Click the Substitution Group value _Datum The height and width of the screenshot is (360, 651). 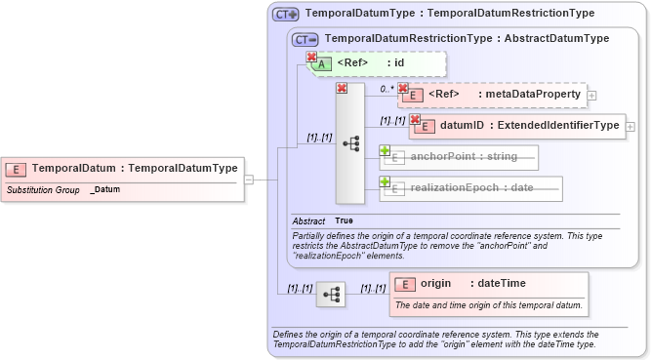click(x=105, y=189)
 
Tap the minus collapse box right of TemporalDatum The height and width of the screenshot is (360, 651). click(x=250, y=180)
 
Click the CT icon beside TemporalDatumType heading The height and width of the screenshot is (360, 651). click(x=286, y=15)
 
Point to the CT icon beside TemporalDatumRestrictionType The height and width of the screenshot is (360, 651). click(x=306, y=39)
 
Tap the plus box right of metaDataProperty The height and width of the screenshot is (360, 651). click(x=591, y=96)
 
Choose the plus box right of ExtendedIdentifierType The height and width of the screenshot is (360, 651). click(x=631, y=126)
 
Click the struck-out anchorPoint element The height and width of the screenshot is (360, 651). click(x=464, y=156)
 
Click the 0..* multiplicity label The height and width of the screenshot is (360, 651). click(x=387, y=87)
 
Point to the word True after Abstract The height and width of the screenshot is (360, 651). click(x=345, y=221)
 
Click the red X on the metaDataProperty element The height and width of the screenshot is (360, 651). click(x=403, y=88)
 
